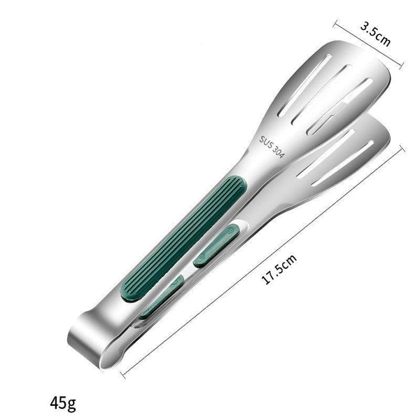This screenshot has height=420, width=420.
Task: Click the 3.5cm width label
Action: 374,34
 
